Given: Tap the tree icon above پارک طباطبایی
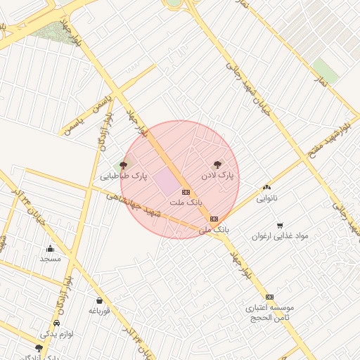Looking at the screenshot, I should (124, 165).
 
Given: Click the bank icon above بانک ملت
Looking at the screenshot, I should (186, 191).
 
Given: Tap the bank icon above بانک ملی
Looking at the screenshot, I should (214, 219).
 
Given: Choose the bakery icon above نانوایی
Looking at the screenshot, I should (266, 187).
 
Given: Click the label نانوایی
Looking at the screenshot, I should (266, 198).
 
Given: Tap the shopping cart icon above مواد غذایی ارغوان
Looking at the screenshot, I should (281, 226).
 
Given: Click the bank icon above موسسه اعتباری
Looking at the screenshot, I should (269, 297).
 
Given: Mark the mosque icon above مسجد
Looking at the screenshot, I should (50, 248).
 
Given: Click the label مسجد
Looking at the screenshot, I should (50, 259).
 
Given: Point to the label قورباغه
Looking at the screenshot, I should (99, 311).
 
